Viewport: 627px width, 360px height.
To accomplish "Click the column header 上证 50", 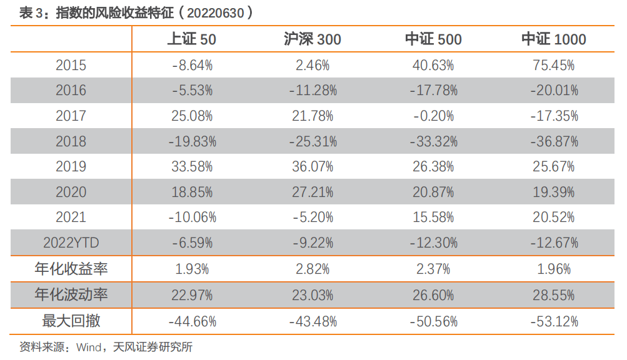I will tap(192, 39).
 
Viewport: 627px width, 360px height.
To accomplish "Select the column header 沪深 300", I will tap(313, 39).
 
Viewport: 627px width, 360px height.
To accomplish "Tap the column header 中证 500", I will tap(433, 39).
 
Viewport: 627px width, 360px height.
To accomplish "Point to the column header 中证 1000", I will tap(554, 39).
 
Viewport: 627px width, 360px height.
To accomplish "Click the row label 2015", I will tap(71, 65).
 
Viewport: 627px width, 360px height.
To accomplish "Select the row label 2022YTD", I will tap(71, 242).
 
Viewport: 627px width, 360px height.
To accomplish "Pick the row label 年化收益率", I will tap(71, 269).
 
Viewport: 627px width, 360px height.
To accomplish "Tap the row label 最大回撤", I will tap(71, 321).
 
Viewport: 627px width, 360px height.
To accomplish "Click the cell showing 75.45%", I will tap(554, 65).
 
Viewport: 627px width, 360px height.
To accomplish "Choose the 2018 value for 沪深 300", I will tap(313, 141).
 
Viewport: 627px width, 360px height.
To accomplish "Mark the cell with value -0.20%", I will tap(433, 116).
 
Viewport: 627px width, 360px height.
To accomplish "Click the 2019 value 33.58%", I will tap(192, 167).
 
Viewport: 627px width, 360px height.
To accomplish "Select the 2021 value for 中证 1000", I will tap(554, 217).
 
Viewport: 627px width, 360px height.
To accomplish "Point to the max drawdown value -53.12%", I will tap(554, 321).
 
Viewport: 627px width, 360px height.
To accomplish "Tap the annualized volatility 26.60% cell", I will tap(433, 294).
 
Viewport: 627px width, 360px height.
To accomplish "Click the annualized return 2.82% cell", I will tap(313, 269).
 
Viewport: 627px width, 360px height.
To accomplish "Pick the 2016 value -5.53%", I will tap(192, 90).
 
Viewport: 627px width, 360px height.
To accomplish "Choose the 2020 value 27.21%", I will tap(313, 192).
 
